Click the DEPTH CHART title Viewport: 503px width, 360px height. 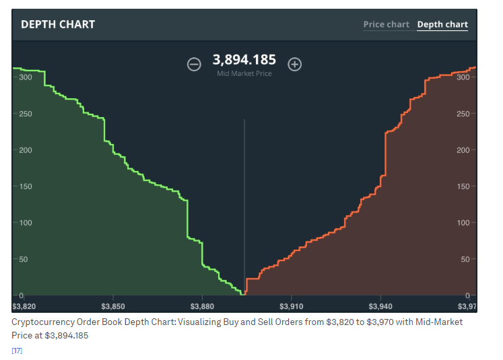[x=58, y=24]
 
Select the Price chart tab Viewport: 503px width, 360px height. [x=386, y=24]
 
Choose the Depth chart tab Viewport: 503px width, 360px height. [x=442, y=24]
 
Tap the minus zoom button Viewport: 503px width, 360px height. [x=194, y=64]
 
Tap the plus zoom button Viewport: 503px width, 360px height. [x=294, y=64]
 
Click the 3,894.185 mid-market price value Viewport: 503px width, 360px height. [x=244, y=60]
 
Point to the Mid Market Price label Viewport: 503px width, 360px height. [x=244, y=73]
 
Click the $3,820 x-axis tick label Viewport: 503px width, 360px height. [x=24, y=307]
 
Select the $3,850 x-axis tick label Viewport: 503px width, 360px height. [x=113, y=307]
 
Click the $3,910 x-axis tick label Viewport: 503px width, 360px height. [x=291, y=307]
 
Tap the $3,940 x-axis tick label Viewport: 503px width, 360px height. [x=380, y=307]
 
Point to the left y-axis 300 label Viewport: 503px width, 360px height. [x=26, y=77]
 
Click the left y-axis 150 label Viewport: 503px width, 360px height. [x=26, y=186]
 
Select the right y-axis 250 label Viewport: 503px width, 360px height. [x=463, y=114]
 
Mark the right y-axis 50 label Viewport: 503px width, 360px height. [x=465, y=259]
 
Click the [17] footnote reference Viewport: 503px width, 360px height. [x=17, y=350]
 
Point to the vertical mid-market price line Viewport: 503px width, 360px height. [x=244, y=202]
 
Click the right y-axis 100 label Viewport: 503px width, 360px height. [x=463, y=223]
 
